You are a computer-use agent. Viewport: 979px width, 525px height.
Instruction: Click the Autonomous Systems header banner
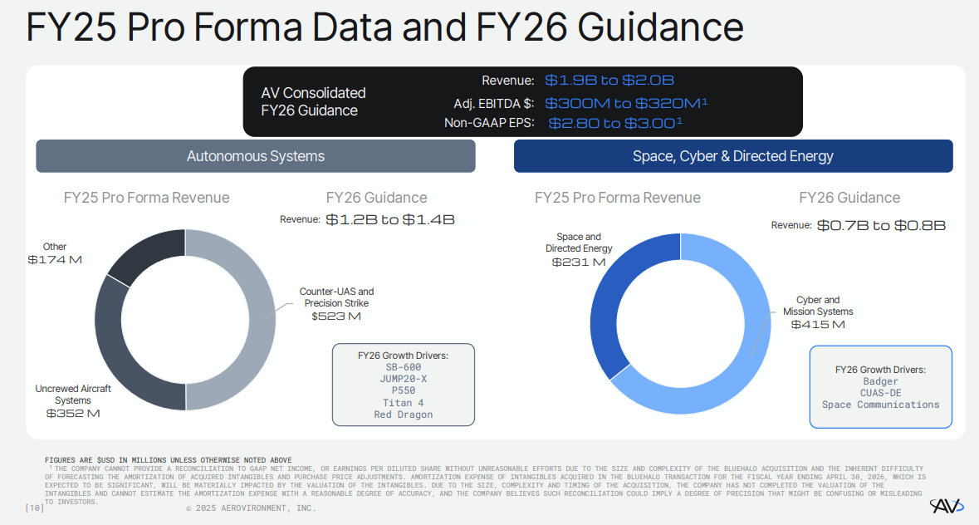click(256, 156)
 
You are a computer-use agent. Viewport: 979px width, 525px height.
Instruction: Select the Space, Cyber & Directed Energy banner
click(733, 156)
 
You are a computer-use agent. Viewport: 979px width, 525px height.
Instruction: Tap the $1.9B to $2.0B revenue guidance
click(609, 81)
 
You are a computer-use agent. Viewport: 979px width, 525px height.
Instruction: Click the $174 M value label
click(55, 260)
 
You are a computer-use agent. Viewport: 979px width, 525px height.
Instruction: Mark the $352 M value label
click(73, 414)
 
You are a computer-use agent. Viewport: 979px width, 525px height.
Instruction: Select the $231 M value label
click(579, 262)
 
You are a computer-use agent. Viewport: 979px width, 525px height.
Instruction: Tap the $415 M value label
click(818, 325)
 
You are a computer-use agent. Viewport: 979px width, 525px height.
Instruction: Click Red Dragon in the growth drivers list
click(403, 415)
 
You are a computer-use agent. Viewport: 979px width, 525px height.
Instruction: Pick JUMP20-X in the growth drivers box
click(403, 379)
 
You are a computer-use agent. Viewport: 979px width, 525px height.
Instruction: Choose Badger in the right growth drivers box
click(880, 382)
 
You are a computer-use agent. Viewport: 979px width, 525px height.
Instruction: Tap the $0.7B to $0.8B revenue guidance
click(881, 225)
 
